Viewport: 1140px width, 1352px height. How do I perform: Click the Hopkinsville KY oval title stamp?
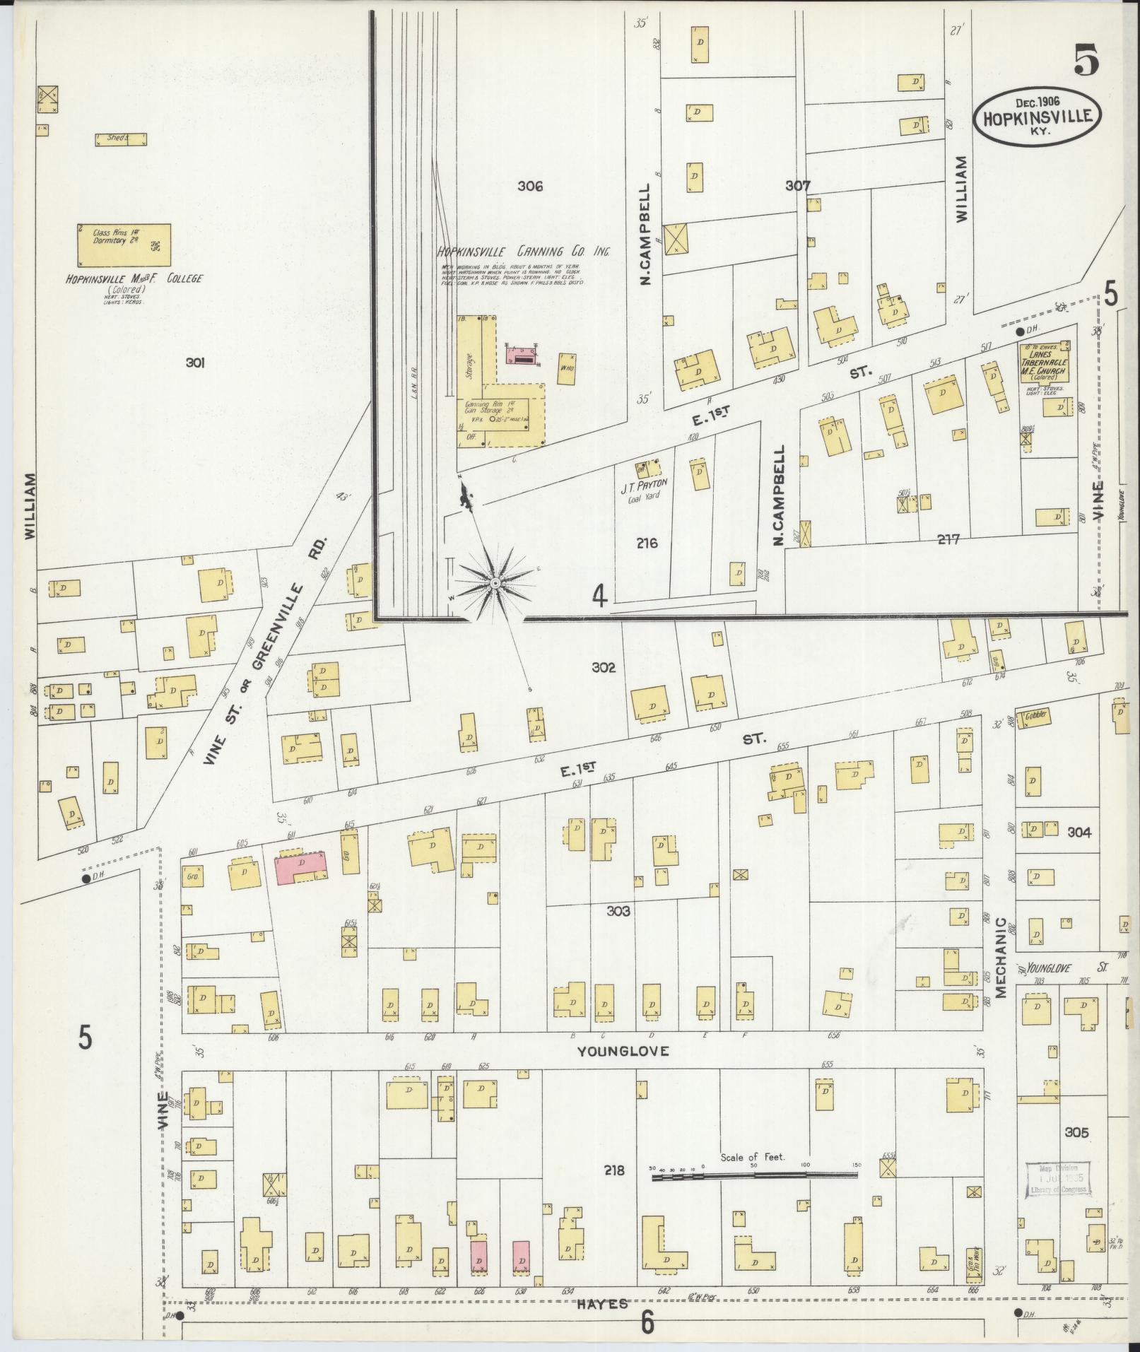click(1037, 117)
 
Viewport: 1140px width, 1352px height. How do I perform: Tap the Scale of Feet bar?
click(754, 1175)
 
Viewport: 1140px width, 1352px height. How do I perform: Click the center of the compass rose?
click(495, 582)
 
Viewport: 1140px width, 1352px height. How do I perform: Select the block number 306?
click(529, 187)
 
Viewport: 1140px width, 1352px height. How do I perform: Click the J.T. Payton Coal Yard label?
click(644, 490)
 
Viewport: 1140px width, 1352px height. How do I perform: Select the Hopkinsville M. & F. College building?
click(124, 245)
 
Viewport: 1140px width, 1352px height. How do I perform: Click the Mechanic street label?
click(1001, 958)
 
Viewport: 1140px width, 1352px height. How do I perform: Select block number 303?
click(618, 911)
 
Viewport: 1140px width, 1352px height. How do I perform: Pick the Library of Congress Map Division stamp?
click(1057, 1180)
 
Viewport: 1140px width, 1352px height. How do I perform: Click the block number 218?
click(613, 1170)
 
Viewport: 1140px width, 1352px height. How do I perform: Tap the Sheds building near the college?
click(121, 139)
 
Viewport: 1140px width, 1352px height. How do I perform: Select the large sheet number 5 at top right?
click(1086, 59)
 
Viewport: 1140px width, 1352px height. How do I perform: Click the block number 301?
click(195, 363)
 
